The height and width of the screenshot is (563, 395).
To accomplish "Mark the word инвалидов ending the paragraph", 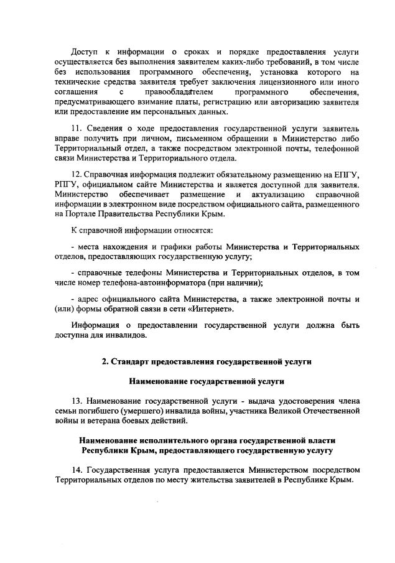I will tap(127, 335).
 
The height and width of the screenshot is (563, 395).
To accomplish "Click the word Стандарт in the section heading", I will tap(131, 361).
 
